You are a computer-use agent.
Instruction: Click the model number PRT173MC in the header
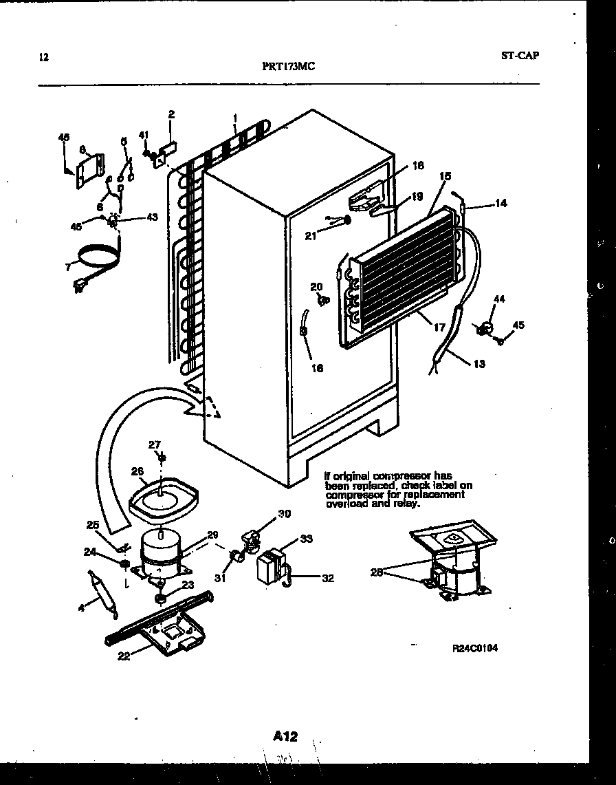coord(289,67)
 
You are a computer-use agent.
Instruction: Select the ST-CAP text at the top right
coord(520,56)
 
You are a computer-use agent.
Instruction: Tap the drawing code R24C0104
coord(474,648)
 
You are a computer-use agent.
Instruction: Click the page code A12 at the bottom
coord(285,736)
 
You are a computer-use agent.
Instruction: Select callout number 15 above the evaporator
coord(445,177)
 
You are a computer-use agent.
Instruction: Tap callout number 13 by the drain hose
coord(478,364)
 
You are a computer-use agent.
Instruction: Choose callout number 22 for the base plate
coord(124,655)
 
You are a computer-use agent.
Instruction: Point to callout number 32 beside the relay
coord(328,578)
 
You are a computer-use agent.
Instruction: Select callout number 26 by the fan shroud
coord(136,471)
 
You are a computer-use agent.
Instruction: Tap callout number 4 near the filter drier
coord(82,607)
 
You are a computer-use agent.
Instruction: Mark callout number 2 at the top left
coord(171,114)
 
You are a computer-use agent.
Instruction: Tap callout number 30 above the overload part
coord(285,513)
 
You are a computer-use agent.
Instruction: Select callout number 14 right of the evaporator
coord(500,204)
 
